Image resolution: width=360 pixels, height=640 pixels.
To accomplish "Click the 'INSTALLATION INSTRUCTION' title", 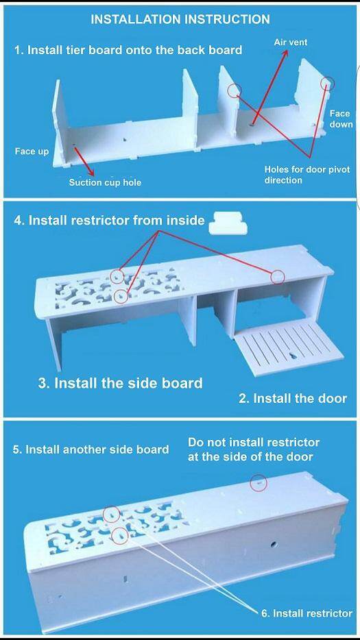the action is (180, 19).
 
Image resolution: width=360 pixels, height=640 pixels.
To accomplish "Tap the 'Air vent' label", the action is (291, 42).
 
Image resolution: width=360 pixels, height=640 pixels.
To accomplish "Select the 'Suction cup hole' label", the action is (105, 182).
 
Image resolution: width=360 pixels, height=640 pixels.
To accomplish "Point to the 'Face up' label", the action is (32, 151).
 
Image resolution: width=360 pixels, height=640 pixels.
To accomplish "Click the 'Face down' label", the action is (340, 119).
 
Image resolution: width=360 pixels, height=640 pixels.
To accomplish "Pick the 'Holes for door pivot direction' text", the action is (307, 174).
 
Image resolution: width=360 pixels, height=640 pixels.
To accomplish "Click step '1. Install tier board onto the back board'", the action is (128, 50).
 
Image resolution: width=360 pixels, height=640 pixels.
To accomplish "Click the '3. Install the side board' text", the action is (121, 383).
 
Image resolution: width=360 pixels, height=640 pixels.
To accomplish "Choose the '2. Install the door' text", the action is (292, 398).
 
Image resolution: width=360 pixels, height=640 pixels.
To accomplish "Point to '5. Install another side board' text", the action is (91, 450).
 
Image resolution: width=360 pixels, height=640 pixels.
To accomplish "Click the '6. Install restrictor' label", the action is (307, 613).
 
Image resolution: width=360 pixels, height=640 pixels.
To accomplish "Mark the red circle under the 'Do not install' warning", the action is (259, 482).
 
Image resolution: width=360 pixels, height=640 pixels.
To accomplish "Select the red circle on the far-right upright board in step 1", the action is (327, 84).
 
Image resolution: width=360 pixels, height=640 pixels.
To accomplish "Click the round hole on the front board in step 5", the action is (272, 544).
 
